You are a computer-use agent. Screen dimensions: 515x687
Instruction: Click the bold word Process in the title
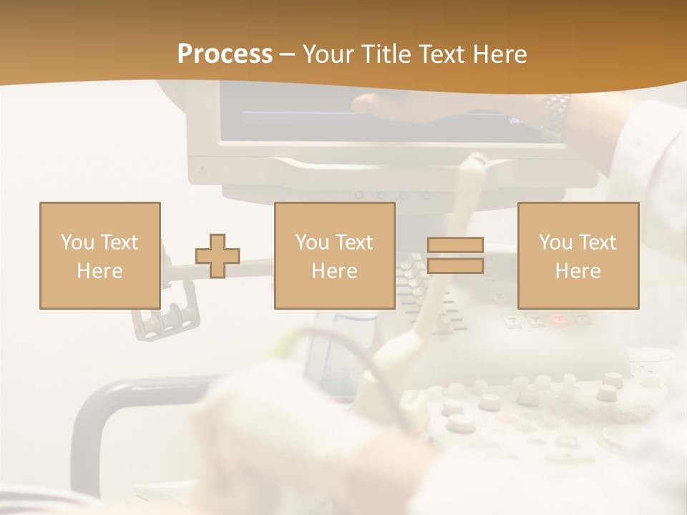coord(225,54)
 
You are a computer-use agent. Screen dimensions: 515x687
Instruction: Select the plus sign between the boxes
coord(218,256)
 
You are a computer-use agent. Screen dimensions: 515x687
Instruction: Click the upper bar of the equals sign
coord(455,245)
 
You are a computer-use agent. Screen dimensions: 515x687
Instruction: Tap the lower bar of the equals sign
coord(455,266)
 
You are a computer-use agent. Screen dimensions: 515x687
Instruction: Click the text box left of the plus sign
coord(99,255)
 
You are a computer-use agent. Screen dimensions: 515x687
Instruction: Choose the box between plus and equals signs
coord(334,255)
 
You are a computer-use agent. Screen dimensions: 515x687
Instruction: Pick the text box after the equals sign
coord(578,255)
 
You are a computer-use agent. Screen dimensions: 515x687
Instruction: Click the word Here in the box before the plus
coord(99,270)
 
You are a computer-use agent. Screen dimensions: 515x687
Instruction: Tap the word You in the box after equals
coord(555,242)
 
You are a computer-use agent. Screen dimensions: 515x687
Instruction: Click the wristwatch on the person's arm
coord(556,114)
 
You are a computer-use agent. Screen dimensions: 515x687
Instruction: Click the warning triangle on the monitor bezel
coord(202,170)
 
